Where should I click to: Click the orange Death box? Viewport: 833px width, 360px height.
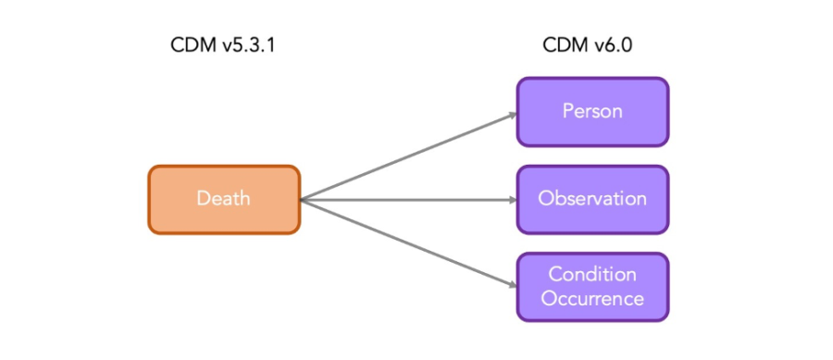[224, 199]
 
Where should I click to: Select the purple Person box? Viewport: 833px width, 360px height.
[592, 111]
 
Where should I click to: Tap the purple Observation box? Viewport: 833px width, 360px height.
[592, 199]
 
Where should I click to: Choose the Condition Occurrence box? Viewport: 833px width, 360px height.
[592, 286]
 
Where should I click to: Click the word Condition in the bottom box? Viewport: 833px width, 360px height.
[592, 275]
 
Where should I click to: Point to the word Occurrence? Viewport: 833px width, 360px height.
[592, 298]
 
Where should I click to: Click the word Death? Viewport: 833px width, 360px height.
[224, 199]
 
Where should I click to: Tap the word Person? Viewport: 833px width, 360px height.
[592, 111]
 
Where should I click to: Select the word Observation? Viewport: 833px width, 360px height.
[592, 199]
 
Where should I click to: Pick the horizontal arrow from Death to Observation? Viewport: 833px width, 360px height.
[407, 199]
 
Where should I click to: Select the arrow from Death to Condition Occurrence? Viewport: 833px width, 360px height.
[407, 242]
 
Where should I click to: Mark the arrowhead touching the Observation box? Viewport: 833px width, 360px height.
[510, 199]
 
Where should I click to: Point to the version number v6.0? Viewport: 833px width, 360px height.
[613, 45]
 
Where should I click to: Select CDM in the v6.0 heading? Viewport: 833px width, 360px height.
[564, 45]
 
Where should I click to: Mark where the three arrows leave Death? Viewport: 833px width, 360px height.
[304, 199]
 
